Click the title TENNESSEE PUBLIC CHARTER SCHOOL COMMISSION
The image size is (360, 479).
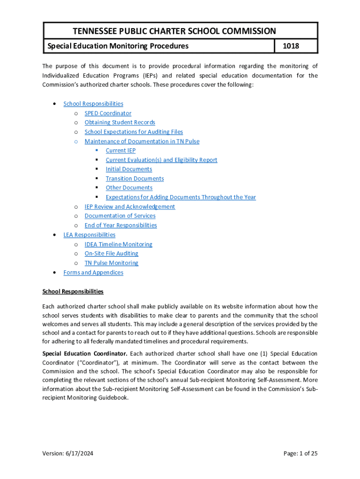(174, 31)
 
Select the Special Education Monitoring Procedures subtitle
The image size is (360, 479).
(116, 46)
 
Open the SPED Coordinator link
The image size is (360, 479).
(108, 113)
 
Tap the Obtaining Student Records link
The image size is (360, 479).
(120, 123)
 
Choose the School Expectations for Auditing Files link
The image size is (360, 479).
(134, 132)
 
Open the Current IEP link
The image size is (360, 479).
(121, 151)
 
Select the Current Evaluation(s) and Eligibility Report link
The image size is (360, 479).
(161, 160)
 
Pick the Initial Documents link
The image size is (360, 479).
(129, 169)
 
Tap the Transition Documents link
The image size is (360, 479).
(135, 178)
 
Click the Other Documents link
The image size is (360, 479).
(129, 188)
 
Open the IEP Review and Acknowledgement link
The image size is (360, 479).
(130, 207)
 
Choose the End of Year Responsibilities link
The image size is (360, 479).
(121, 225)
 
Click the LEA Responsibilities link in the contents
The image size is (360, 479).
(89, 235)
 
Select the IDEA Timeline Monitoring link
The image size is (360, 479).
(118, 244)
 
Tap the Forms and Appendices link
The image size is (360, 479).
(93, 272)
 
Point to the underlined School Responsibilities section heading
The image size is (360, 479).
(73, 291)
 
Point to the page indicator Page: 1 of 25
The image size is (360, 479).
(300, 453)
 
